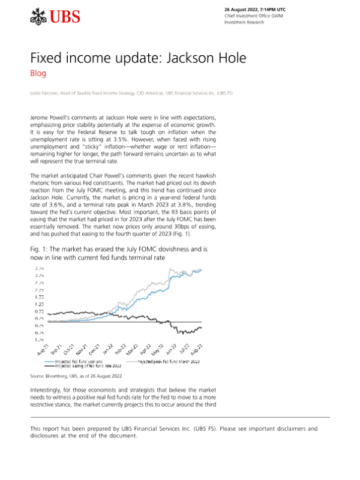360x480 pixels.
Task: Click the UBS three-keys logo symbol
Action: click(38, 17)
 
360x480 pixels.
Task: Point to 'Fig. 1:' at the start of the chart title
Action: click(39, 248)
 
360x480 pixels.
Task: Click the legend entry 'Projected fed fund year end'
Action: click(77, 362)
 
